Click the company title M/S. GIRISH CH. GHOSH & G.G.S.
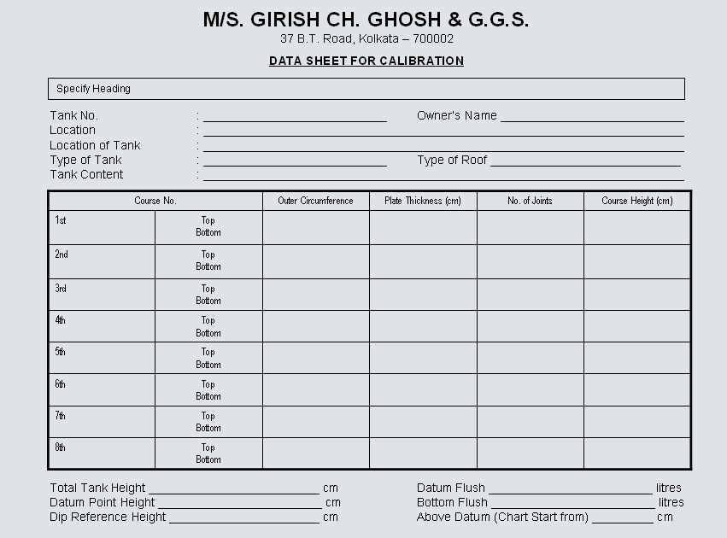(366, 20)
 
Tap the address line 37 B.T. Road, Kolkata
(366, 38)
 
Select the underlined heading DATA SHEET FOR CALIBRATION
(366, 61)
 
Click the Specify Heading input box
(366, 89)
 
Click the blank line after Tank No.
(295, 117)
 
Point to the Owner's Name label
(456, 115)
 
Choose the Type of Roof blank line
(585, 161)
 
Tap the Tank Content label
(86, 174)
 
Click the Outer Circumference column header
(315, 201)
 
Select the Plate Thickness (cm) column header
(423, 201)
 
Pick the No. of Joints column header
(530, 201)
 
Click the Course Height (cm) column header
(637, 201)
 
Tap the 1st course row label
(62, 220)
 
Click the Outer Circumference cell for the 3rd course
(315, 295)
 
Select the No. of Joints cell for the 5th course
(530, 358)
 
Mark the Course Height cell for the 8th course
(637, 453)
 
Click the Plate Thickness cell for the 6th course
(423, 389)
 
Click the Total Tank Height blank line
(234, 489)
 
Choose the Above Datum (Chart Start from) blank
(622, 518)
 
